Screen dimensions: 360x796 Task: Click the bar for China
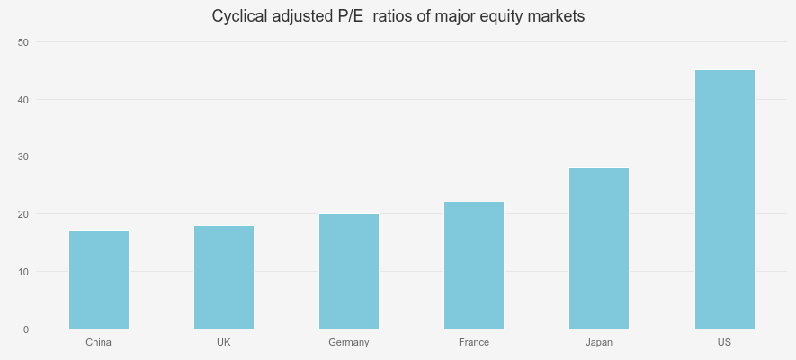pyautogui.click(x=99, y=280)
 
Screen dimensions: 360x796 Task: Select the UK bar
pyautogui.click(x=224, y=277)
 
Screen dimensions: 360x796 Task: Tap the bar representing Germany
pyautogui.click(x=349, y=271)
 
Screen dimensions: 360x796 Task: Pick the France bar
pyautogui.click(x=474, y=265)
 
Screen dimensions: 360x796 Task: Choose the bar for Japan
pyautogui.click(x=599, y=248)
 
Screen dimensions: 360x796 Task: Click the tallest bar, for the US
pyautogui.click(x=724, y=200)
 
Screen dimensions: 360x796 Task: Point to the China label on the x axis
pyautogui.click(x=99, y=343)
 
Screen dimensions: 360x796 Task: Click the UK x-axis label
pyautogui.click(x=224, y=343)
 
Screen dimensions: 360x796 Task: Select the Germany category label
pyautogui.click(x=349, y=343)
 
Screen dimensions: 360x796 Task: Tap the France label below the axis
pyautogui.click(x=474, y=343)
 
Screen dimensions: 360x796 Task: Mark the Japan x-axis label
pyautogui.click(x=599, y=343)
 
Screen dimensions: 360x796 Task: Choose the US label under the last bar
pyautogui.click(x=724, y=343)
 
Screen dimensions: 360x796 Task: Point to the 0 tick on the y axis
pyautogui.click(x=25, y=329)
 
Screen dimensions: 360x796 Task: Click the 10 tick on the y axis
pyautogui.click(x=23, y=272)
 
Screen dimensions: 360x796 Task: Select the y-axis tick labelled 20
pyautogui.click(x=23, y=214)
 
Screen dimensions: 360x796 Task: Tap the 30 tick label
pyautogui.click(x=23, y=157)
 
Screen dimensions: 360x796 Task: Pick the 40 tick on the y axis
pyautogui.click(x=23, y=99)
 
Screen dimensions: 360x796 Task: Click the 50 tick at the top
pyautogui.click(x=23, y=42)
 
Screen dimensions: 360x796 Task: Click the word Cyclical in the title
pyautogui.click(x=239, y=16)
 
